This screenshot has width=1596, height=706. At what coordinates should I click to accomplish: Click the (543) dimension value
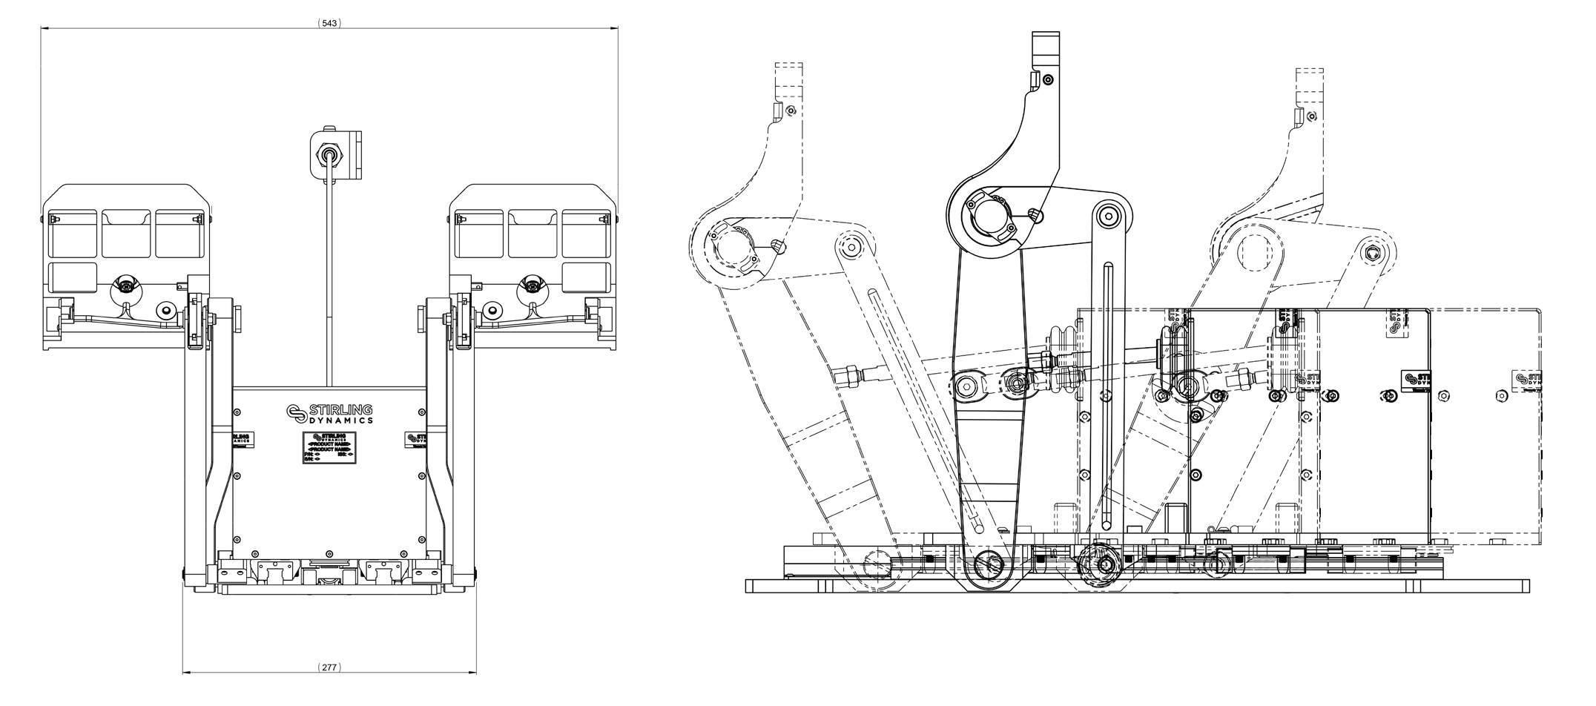[x=329, y=23]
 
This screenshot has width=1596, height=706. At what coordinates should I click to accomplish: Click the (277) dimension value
[x=329, y=667]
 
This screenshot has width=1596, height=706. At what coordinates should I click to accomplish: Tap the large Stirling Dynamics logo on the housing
[x=330, y=414]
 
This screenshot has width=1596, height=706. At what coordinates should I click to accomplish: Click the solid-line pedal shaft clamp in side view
[x=992, y=217]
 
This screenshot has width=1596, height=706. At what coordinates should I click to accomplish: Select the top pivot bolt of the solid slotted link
[x=1108, y=216]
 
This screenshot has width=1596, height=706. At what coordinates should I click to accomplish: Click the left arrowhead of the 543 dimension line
[x=43, y=29]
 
